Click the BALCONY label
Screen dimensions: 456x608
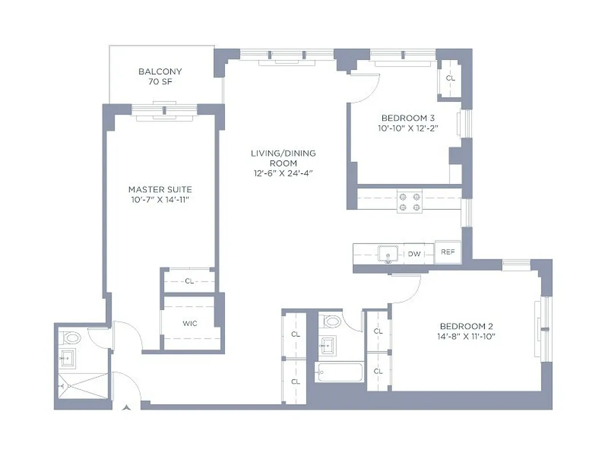[x=160, y=72]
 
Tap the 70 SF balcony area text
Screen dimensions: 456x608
[x=160, y=82]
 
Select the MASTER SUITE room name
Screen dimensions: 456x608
[x=160, y=189]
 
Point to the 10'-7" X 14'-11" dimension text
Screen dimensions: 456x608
[x=160, y=199]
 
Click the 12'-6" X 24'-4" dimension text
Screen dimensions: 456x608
[x=283, y=174]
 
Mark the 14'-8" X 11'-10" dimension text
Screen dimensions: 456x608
[x=466, y=336]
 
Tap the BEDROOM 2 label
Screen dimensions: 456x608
[x=466, y=326]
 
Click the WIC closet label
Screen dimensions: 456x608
[x=190, y=324]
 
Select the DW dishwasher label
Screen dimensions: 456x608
[x=414, y=254]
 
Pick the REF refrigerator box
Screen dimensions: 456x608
[x=448, y=252]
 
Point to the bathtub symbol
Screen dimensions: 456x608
[x=340, y=373]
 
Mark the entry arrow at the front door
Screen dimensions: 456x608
[x=126, y=407]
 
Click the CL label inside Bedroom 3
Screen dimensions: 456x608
[x=450, y=78]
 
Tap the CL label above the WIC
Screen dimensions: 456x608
[x=189, y=281]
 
